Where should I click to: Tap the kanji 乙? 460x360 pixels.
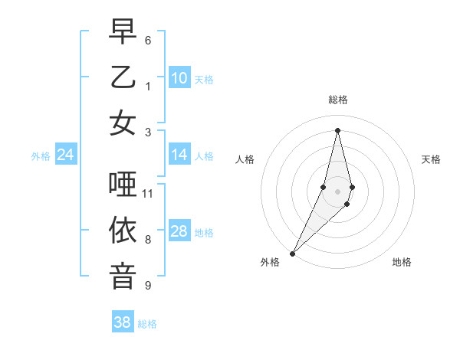pos(123,77)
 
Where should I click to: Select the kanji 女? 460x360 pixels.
pos(123,123)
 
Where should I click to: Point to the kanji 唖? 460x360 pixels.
pos(123,184)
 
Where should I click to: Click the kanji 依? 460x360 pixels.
pos(123,231)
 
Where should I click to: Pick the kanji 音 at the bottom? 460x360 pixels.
pos(123,277)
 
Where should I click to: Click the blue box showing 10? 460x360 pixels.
pos(179,77)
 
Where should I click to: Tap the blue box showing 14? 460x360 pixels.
pos(179,155)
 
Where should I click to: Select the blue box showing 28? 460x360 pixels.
pos(179,231)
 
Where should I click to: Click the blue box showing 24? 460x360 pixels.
pos(66,155)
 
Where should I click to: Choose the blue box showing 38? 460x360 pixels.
pos(122,322)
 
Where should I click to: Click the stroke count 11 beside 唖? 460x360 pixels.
pos(148,193)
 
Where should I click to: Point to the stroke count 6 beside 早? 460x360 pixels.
pos(148,40)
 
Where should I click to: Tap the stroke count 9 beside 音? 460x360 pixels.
pos(148,286)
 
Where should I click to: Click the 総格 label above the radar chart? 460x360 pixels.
pos(338,100)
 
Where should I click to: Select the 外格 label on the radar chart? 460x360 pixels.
pos(270,262)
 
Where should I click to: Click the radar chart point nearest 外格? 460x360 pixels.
pos(292,253)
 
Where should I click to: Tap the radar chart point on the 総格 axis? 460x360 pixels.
pos(338,130)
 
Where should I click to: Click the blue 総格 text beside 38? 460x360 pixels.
pos(147,324)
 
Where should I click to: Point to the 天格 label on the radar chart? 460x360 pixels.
pos(431,159)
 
